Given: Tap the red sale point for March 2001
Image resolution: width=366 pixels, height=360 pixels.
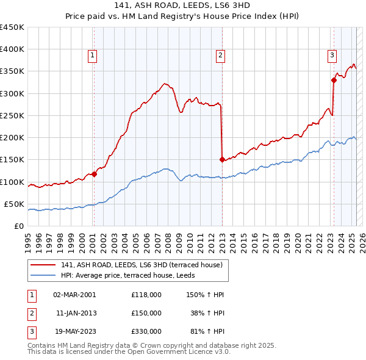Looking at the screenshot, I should click(x=95, y=174).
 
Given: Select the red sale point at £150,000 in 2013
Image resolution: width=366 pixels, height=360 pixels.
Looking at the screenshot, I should click(x=222, y=160).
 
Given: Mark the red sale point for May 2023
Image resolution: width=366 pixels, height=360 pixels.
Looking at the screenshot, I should click(x=334, y=80).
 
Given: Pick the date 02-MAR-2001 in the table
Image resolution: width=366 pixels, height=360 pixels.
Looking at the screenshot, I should click(x=74, y=294).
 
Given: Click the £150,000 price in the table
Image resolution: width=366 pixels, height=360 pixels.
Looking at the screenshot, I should click(x=146, y=312).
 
